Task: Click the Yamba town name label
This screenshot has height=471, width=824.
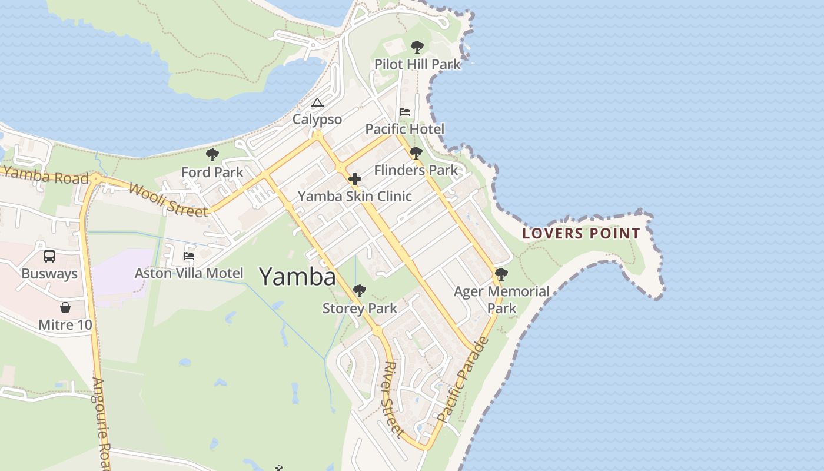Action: pos(297,276)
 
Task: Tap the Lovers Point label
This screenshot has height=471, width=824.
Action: pos(581,234)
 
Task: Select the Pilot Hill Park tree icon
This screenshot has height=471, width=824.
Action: pos(417,47)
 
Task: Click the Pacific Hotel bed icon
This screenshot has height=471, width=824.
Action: pos(405,112)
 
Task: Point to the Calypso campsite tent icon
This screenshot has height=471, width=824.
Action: pos(317,103)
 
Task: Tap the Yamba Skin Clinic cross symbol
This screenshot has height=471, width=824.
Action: pos(355,179)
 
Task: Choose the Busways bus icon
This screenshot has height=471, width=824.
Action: pos(49,256)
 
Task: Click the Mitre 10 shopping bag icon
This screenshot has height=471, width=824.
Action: pos(65,307)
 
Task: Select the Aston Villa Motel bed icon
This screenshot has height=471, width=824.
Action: pos(189,256)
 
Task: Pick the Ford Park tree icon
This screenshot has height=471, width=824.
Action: pos(212,155)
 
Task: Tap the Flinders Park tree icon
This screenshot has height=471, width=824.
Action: pos(416,153)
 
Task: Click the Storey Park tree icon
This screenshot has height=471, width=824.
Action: pos(360,291)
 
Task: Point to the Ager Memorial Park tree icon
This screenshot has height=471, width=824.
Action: pos(501,274)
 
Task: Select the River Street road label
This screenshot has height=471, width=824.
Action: pos(393,399)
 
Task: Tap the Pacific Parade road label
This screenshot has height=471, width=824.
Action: pos(464,380)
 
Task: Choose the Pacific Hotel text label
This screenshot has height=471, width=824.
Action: pos(405,129)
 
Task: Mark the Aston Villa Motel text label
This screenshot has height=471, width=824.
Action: pos(189,273)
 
